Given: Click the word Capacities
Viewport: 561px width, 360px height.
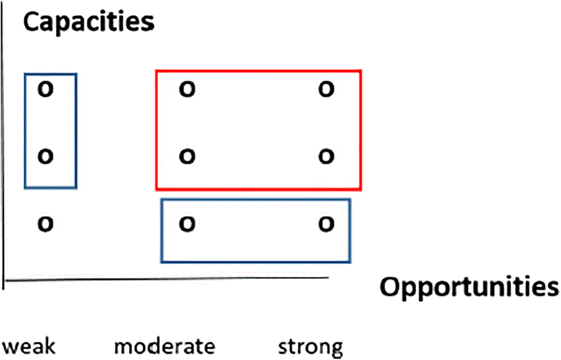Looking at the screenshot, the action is click(x=89, y=22).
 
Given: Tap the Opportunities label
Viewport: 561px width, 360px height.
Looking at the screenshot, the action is click(x=469, y=286).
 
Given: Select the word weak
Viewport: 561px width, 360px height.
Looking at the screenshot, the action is click(x=29, y=347).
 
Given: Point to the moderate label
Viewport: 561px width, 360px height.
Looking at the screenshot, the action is click(x=164, y=347).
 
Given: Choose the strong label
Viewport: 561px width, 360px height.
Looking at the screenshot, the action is click(x=311, y=348).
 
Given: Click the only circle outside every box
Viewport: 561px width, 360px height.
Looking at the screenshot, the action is click(x=45, y=224).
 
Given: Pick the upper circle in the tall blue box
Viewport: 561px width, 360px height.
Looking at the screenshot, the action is click(x=45, y=88).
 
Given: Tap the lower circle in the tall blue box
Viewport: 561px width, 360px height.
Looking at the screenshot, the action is click(x=45, y=157).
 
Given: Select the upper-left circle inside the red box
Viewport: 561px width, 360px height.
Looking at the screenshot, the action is click(x=187, y=88).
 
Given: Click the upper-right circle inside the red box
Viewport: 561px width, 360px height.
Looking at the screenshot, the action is click(x=327, y=88).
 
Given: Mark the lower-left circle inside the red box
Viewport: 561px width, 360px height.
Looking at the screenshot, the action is click(x=187, y=157).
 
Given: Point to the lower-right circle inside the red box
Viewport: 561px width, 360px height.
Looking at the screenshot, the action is click(x=327, y=157).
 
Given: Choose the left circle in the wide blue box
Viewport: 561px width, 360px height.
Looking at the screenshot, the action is click(x=187, y=224).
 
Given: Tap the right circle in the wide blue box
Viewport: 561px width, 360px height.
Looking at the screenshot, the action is click(x=327, y=224).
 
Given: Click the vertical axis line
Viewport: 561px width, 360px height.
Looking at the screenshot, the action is click(x=5, y=169).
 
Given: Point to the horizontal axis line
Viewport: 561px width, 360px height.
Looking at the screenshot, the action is click(x=169, y=278).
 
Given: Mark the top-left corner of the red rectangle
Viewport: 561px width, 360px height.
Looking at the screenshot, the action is click(x=157, y=71).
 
